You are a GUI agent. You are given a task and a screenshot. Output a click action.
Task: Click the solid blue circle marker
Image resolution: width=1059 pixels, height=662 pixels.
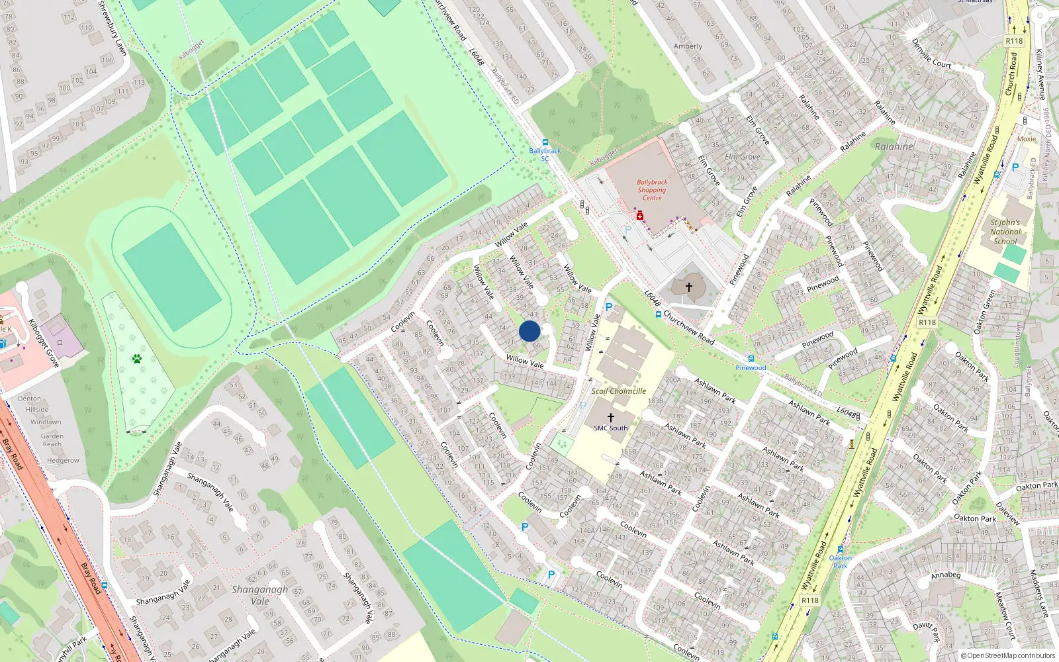click(529, 331)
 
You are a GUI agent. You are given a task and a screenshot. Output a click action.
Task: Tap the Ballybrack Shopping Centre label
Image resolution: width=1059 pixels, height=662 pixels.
click(652, 190)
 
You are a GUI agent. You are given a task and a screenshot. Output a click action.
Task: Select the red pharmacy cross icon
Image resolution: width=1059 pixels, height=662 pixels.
click(640, 216)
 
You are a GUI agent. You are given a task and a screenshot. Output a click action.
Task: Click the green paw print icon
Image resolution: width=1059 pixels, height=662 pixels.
click(137, 359)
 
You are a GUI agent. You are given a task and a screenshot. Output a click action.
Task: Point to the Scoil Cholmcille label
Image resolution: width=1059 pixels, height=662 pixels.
click(619, 391)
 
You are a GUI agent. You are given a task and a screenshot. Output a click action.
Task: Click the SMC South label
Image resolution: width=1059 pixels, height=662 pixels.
click(610, 428)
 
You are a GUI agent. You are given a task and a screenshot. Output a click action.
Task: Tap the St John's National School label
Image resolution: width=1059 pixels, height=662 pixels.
click(1005, 232)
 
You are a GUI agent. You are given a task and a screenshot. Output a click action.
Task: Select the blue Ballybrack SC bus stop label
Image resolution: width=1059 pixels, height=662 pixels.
click(545, 154)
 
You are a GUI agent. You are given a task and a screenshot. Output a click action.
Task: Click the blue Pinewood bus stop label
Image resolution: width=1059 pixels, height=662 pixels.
click(751, 368)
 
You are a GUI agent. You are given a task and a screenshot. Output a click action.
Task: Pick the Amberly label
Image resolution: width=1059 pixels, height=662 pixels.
click(688, 46)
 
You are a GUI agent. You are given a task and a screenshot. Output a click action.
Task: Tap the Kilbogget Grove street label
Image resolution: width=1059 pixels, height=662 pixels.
click(44, 343)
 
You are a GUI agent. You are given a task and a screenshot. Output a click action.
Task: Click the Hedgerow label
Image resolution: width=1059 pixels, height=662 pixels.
click(63, 461)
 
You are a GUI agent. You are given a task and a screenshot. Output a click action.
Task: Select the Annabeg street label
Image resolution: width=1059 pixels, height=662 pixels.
click(945, 575)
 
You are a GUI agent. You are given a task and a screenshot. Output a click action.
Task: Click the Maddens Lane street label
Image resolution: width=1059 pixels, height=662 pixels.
click(1041, 592)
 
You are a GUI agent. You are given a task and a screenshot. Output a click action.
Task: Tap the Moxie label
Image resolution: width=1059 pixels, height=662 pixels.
click(1027, 139)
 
